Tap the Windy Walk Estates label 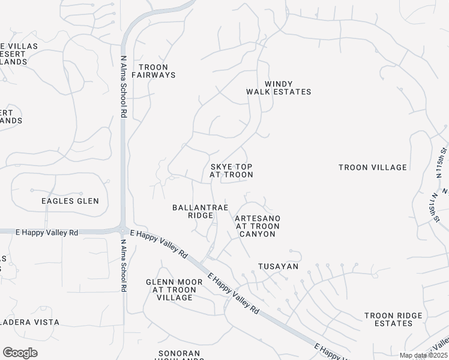(x=279, y=88)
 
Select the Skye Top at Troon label (x=231, y=170)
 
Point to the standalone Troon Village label (x=373, y=167)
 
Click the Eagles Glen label (x=70, y=201)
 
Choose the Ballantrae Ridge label (x=200, y=211)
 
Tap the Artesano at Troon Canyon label (x=258, y=226)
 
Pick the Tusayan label (x=278, y=266)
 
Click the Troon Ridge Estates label (x=388, y=319)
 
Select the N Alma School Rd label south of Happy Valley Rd (x=123, y=265)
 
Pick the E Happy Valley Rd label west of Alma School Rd (x=47, y=232)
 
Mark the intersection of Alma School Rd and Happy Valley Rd (x=123, y=231)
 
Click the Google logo (x=20, y=353)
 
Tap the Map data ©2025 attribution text (x=423, y=355)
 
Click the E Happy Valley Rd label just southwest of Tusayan (x=234, y=293)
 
